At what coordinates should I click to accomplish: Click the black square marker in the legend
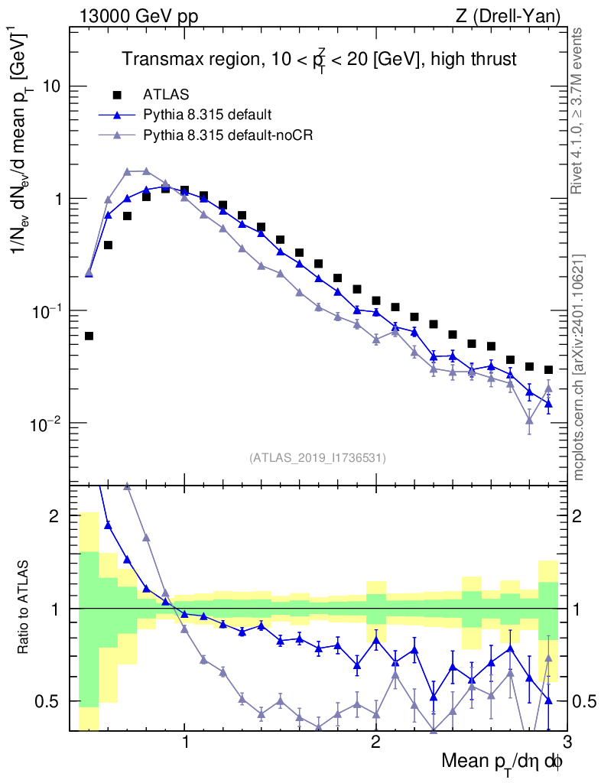tap(117, 95)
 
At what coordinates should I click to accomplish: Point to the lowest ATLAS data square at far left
tap(89, 336)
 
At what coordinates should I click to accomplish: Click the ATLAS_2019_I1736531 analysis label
tap(317, 458)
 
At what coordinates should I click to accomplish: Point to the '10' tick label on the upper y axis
tap(52, 86)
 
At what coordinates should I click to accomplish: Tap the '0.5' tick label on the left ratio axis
tap(48, 701)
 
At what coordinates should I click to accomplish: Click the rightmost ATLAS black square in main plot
tap(548, 370)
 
